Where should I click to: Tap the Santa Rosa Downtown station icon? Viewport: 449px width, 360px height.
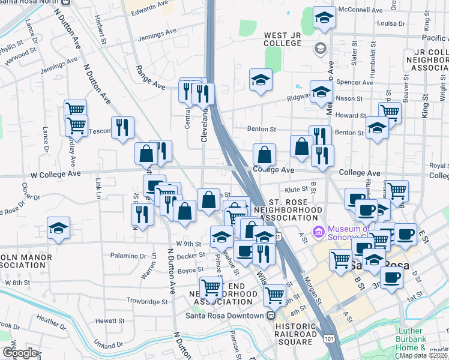(x=271, y=316)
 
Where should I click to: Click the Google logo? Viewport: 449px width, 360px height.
(x=20, y=352)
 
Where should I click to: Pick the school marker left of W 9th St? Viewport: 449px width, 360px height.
(x=58, y=228)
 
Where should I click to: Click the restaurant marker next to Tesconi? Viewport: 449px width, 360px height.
(x=122, y=127)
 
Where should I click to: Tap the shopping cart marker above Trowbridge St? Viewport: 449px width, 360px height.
(x=211, y=288)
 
